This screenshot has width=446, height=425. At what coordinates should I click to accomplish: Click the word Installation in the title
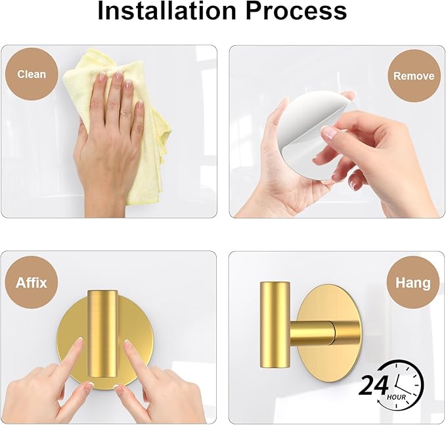pyautogui.click(x=167, y=10)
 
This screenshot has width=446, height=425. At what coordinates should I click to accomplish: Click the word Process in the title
pyautogui.click(x=296, y=10)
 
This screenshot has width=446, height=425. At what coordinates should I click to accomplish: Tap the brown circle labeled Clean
pyautogui.click(x=32, y=74)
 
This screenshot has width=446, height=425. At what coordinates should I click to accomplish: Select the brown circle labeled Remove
pyautogui.click(x=414, y=76)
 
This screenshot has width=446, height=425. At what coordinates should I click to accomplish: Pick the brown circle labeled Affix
pyautogui.click(x=32, y=283)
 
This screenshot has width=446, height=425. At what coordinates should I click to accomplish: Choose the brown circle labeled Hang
pyautogui.click(x=413, y=283)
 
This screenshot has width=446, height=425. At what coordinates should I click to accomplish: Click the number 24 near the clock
pyautogui.click(x=373, y=386)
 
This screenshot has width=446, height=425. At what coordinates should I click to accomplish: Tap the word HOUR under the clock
pyautogui.click(x=396, y=397)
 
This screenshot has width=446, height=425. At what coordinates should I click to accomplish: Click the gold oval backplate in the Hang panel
pyautogui.click(x=330, y=333)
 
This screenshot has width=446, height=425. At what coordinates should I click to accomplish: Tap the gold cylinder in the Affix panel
pyautogui.click(x=102, y=334)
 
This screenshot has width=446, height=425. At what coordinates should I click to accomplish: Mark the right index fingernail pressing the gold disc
pyautogui.click(x=128, y=344)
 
